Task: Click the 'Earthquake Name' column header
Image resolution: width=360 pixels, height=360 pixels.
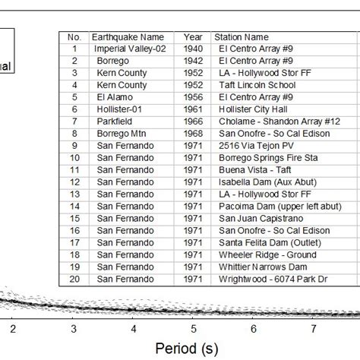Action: tap(127, 36)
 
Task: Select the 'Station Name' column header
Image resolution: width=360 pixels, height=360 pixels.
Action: tap(241, 36)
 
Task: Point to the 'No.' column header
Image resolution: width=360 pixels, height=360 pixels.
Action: tap(74, 36)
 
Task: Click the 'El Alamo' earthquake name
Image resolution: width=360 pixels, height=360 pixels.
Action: tap(115, 97)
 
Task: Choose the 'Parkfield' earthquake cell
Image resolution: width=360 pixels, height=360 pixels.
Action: tap(115, 122)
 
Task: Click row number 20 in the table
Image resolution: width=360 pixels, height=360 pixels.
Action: tap(74, 279)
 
